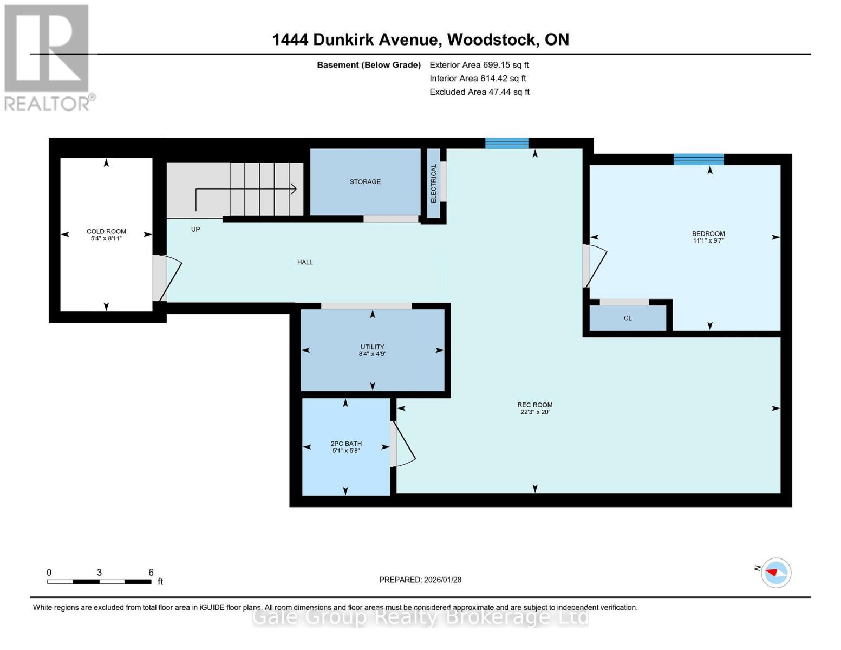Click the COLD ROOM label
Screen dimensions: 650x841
[106, 231]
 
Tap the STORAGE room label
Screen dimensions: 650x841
[365, 182]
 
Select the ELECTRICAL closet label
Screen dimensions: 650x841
[433, 184]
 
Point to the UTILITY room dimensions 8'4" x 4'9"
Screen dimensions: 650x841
[372, 354]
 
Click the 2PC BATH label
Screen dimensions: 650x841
[346, 444]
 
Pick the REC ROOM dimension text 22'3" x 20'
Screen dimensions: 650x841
[534, 412]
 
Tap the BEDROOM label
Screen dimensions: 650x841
[708, 234]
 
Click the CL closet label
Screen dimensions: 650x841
[628, 318]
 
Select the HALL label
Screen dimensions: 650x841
[305, 262]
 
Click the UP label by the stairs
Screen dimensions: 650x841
[195, 229]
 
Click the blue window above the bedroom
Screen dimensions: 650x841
[699, 159]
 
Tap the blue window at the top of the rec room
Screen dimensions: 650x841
[506, 143]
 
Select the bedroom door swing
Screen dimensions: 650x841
[596, 265]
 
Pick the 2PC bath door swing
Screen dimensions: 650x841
[404, 444]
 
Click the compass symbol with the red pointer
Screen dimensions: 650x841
[776, 573]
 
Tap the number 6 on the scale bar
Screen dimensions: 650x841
[151, 573]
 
